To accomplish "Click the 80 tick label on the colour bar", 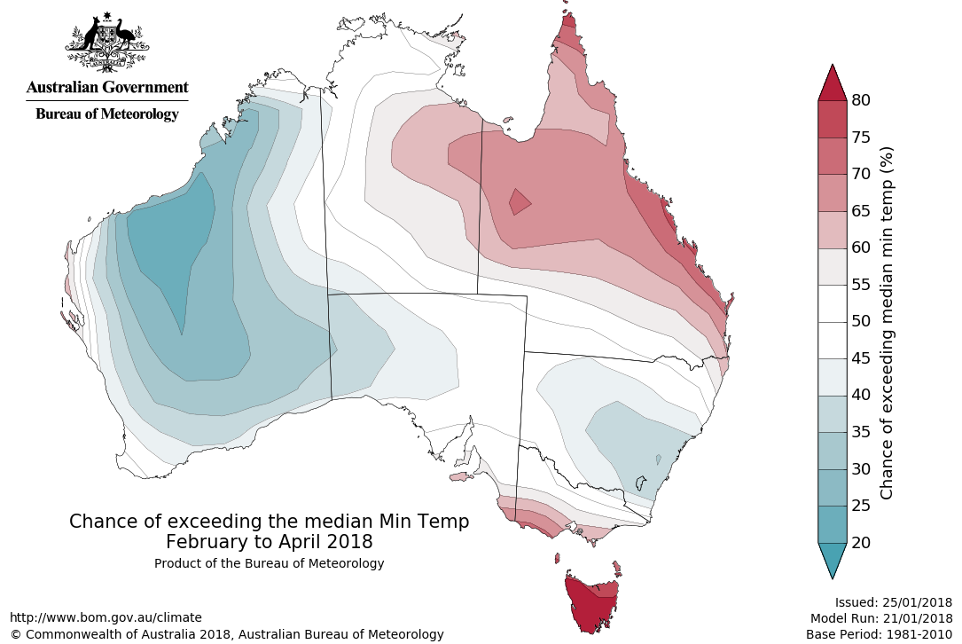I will coord(860,99).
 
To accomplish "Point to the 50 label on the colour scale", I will coord(860,321).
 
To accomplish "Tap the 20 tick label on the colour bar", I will coord(860,542).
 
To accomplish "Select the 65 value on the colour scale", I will coord(860,210).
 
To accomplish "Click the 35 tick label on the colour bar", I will coord(860,431).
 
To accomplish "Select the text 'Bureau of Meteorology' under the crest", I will coord(106,114).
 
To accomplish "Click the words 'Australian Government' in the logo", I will coord(106,87).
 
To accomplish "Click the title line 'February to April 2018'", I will coord(269,541).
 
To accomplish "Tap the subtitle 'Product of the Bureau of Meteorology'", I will coord(269,563).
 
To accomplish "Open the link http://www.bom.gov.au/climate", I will coord(106,617).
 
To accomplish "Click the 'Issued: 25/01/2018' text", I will coord(893,601).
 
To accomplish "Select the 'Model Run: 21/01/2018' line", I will coord(880,617).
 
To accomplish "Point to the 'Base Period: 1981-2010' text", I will coord(879,634).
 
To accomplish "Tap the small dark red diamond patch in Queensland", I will coord(520,202).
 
